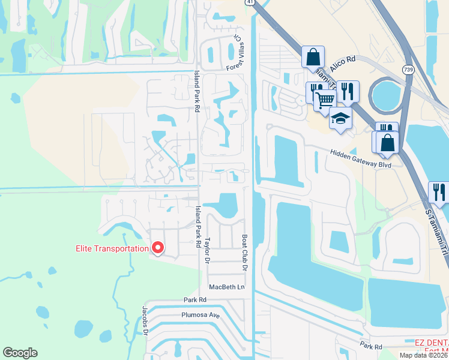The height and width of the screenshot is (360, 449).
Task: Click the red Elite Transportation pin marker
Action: [x=158, y=247]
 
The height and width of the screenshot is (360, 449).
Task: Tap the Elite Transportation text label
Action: [x=112, y=249]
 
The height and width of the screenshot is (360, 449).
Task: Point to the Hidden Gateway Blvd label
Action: [x=360, y=158]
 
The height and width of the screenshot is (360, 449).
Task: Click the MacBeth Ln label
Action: [x=227, y=287]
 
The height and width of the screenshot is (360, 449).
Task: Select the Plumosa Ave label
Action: [x=197, y=314]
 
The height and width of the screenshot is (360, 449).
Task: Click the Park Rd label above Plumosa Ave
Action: [x=194, y=299]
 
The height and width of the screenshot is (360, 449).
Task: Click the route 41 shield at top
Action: [x=249, y=3]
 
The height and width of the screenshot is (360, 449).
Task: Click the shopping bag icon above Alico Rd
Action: [x=313, y=58]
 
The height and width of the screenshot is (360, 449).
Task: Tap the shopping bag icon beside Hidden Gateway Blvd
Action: [x=388, y=142]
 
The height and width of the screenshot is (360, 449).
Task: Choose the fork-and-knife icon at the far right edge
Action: [x=439, y=192]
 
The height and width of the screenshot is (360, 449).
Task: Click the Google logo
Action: [x=20, y=353]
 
